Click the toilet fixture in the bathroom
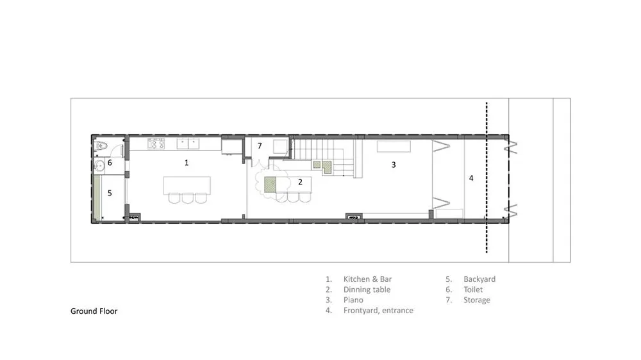pos(101,145)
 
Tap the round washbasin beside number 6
pos(99,165)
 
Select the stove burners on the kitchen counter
pos(156,143)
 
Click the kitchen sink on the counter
pos(188,143)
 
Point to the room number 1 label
pos(187,163)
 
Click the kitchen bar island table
pos(187,186)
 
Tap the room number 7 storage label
pos(260,146)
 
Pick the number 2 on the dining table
pos(300,183)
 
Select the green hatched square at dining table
pos(270,184)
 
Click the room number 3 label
pos(394,165)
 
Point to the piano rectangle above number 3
pos(394,146)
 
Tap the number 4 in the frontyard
pos(471,178)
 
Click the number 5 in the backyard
pos(110,193)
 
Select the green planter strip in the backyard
pos(97,197)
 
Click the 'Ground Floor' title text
pos(94,311)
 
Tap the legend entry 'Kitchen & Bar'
pos(367,279)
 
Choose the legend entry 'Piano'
pos(353,300)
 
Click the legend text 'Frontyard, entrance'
pos(378,311)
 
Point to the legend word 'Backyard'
pos(479,279)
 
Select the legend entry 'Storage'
pos(477,300)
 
